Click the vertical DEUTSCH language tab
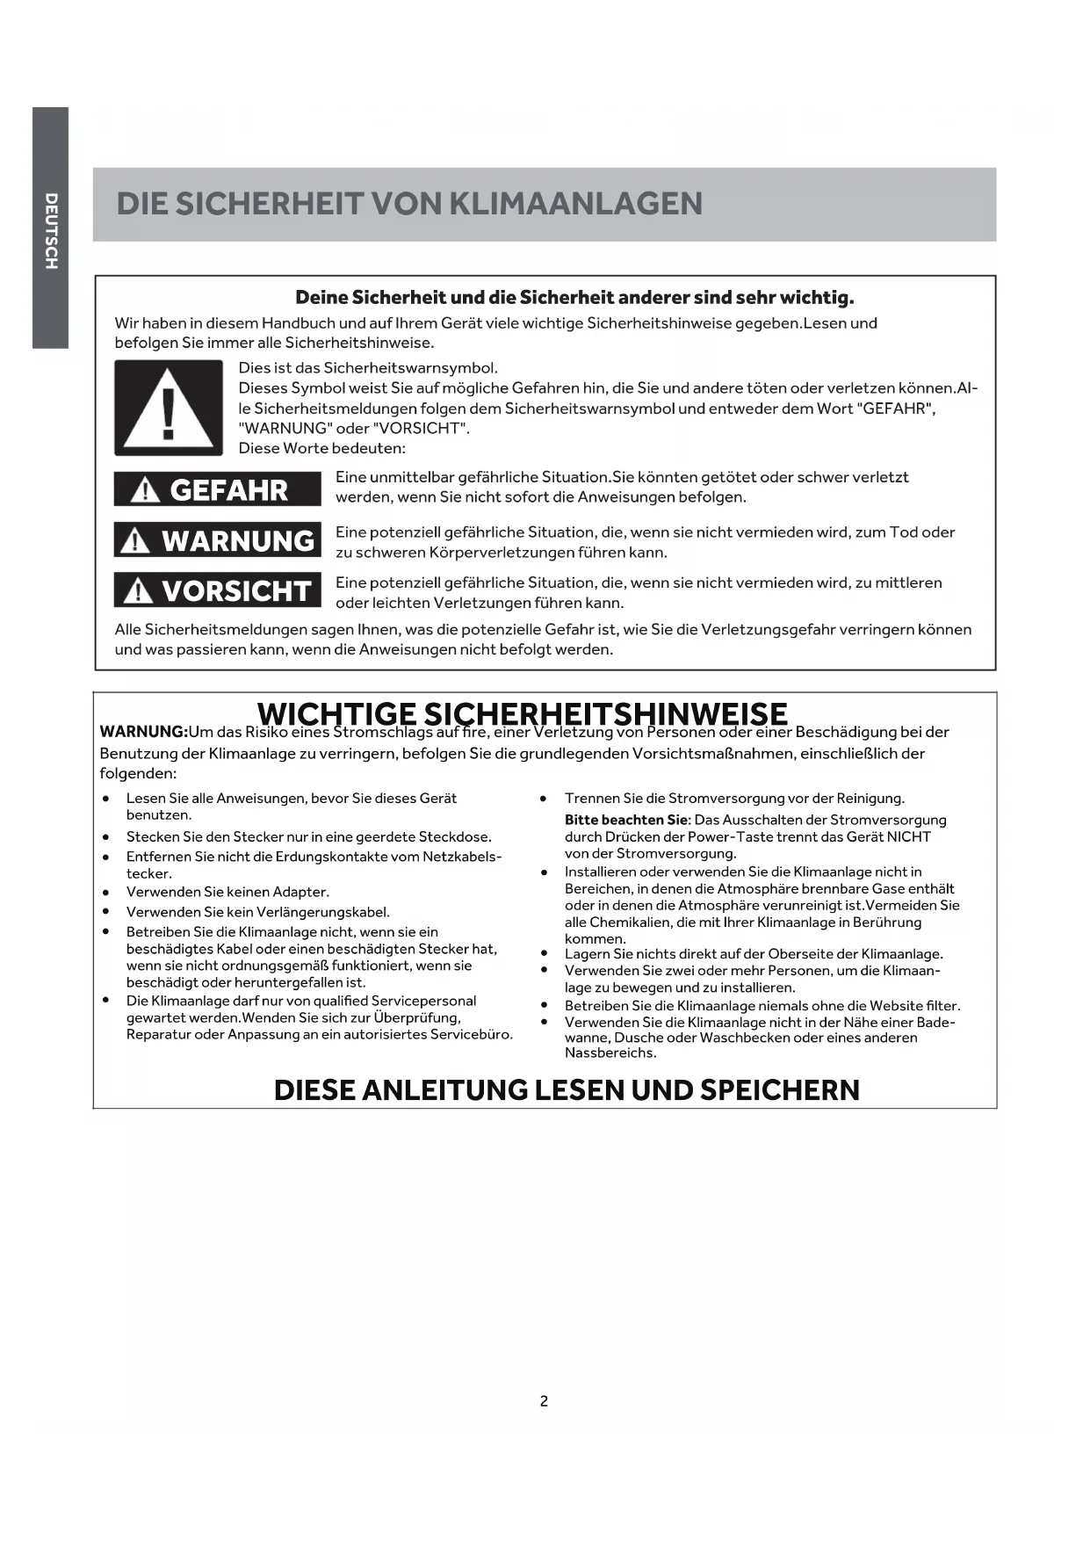click(x=51, y=229)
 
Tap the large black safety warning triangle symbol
click(x=169, y=408)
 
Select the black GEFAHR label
click(x=217, y=489)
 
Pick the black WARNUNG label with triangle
click(x=217, y=540)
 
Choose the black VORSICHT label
click(x=217, y=591)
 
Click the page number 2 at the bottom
click(x=544, y=1401)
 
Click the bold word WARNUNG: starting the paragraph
click(x=143, y=732)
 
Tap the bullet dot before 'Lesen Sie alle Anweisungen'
click(x=105, y=799)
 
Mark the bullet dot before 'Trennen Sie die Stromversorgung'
click(x=545, y=799)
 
